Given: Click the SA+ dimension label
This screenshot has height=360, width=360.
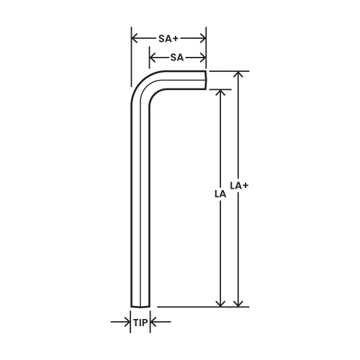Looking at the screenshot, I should pos(168,37).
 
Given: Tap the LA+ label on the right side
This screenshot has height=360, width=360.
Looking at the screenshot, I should pos(240,186).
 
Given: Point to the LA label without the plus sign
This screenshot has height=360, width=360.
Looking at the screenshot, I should pos(220,194).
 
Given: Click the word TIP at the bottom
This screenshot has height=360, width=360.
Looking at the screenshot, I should pos(140,323).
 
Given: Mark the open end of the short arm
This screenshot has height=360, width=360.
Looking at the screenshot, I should pos(205,80).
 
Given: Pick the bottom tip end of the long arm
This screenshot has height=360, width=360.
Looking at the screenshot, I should pos(140,305).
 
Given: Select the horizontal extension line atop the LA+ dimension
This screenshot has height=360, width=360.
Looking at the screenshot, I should pos(230,71).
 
